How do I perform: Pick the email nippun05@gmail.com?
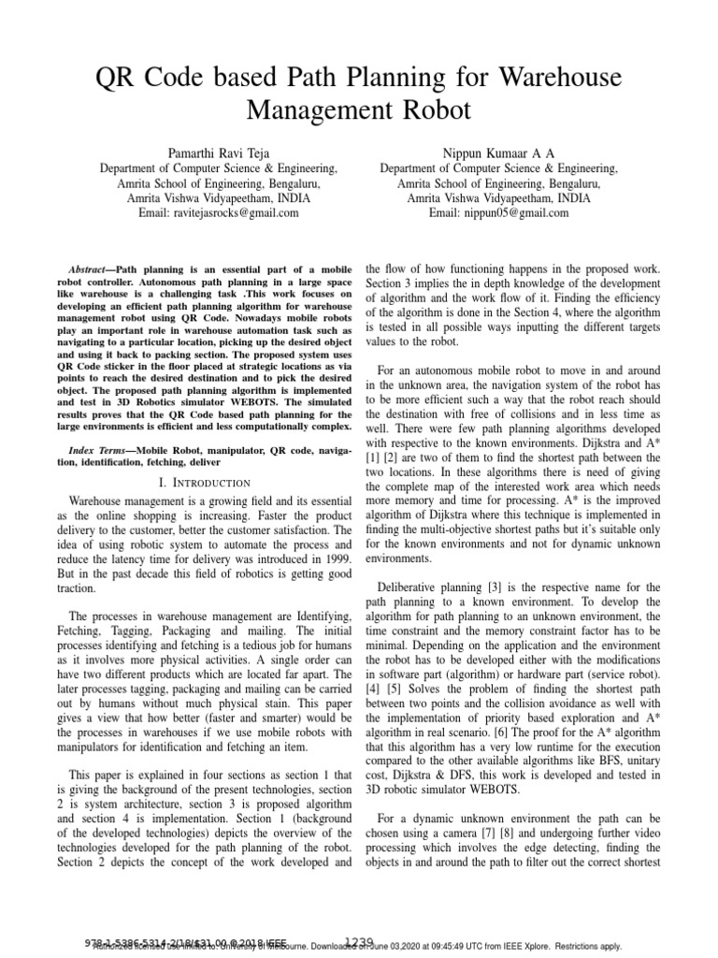click(x=518, y=212)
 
